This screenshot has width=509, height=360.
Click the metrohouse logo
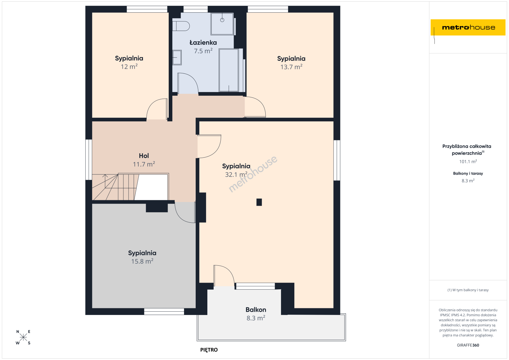468,27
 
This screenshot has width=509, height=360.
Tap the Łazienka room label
203,43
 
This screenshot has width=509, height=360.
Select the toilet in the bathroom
181,26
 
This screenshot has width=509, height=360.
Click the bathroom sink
177,57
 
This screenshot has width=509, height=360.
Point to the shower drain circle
222,20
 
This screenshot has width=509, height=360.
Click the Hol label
144,156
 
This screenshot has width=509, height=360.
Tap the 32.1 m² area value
236,174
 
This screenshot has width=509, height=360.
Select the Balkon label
256,310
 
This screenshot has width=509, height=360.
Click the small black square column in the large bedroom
259,202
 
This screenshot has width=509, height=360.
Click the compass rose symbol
23,337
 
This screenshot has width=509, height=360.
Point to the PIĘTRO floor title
209,350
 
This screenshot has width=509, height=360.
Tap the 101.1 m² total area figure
468,162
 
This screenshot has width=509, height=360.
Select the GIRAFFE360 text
468,345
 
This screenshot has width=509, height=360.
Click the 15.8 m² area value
142,261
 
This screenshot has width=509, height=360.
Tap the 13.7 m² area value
291,67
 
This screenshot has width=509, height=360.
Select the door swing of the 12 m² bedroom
157,109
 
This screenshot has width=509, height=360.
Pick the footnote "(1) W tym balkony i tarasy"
468,290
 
